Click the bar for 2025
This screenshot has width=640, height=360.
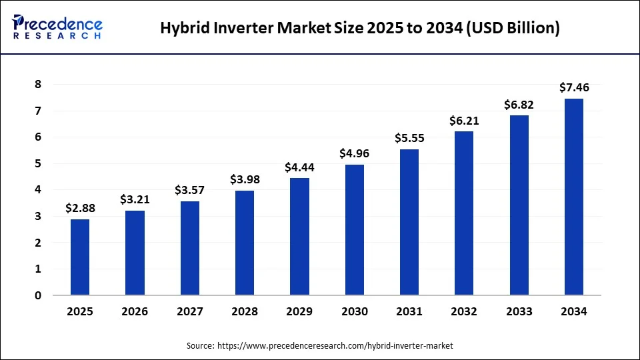pos(80,257)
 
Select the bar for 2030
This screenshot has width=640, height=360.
pos(355,230)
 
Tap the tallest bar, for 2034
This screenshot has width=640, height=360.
pos(574,197)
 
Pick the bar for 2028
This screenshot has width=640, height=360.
pos(245,243)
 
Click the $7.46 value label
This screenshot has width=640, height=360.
pos(574,87)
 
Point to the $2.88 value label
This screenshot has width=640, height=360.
pos(80,208)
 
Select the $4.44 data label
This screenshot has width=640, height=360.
pos(299,167)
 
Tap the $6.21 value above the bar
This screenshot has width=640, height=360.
pos(464,121)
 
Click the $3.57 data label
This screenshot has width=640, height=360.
pos(190,190)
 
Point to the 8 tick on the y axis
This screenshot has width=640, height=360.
pos(38,84)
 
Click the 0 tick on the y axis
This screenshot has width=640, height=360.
pos(38,295)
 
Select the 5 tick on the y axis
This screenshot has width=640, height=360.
pos(38,163)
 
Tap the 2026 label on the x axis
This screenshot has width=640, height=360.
pos(135,311)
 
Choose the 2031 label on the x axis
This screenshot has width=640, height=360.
pos(409,311)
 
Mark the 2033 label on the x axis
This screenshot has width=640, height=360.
pos(519,311)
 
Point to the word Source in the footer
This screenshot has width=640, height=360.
pos(200,345)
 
